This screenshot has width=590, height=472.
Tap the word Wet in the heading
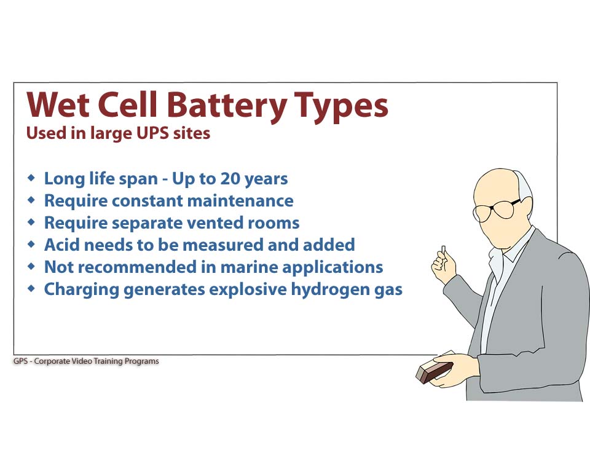(58, 104)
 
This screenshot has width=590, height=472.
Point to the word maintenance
(240, 200)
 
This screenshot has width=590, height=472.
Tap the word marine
(249, 267)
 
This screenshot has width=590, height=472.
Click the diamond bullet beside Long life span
(31, 178)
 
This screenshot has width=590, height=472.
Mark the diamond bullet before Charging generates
(31, 289)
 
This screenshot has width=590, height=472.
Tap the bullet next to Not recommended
(31, 267)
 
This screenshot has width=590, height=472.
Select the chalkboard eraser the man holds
(435, 369)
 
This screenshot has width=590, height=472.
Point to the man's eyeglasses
(497, 210)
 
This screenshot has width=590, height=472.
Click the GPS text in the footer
(21, 361)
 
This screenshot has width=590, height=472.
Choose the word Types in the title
(341, 107)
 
